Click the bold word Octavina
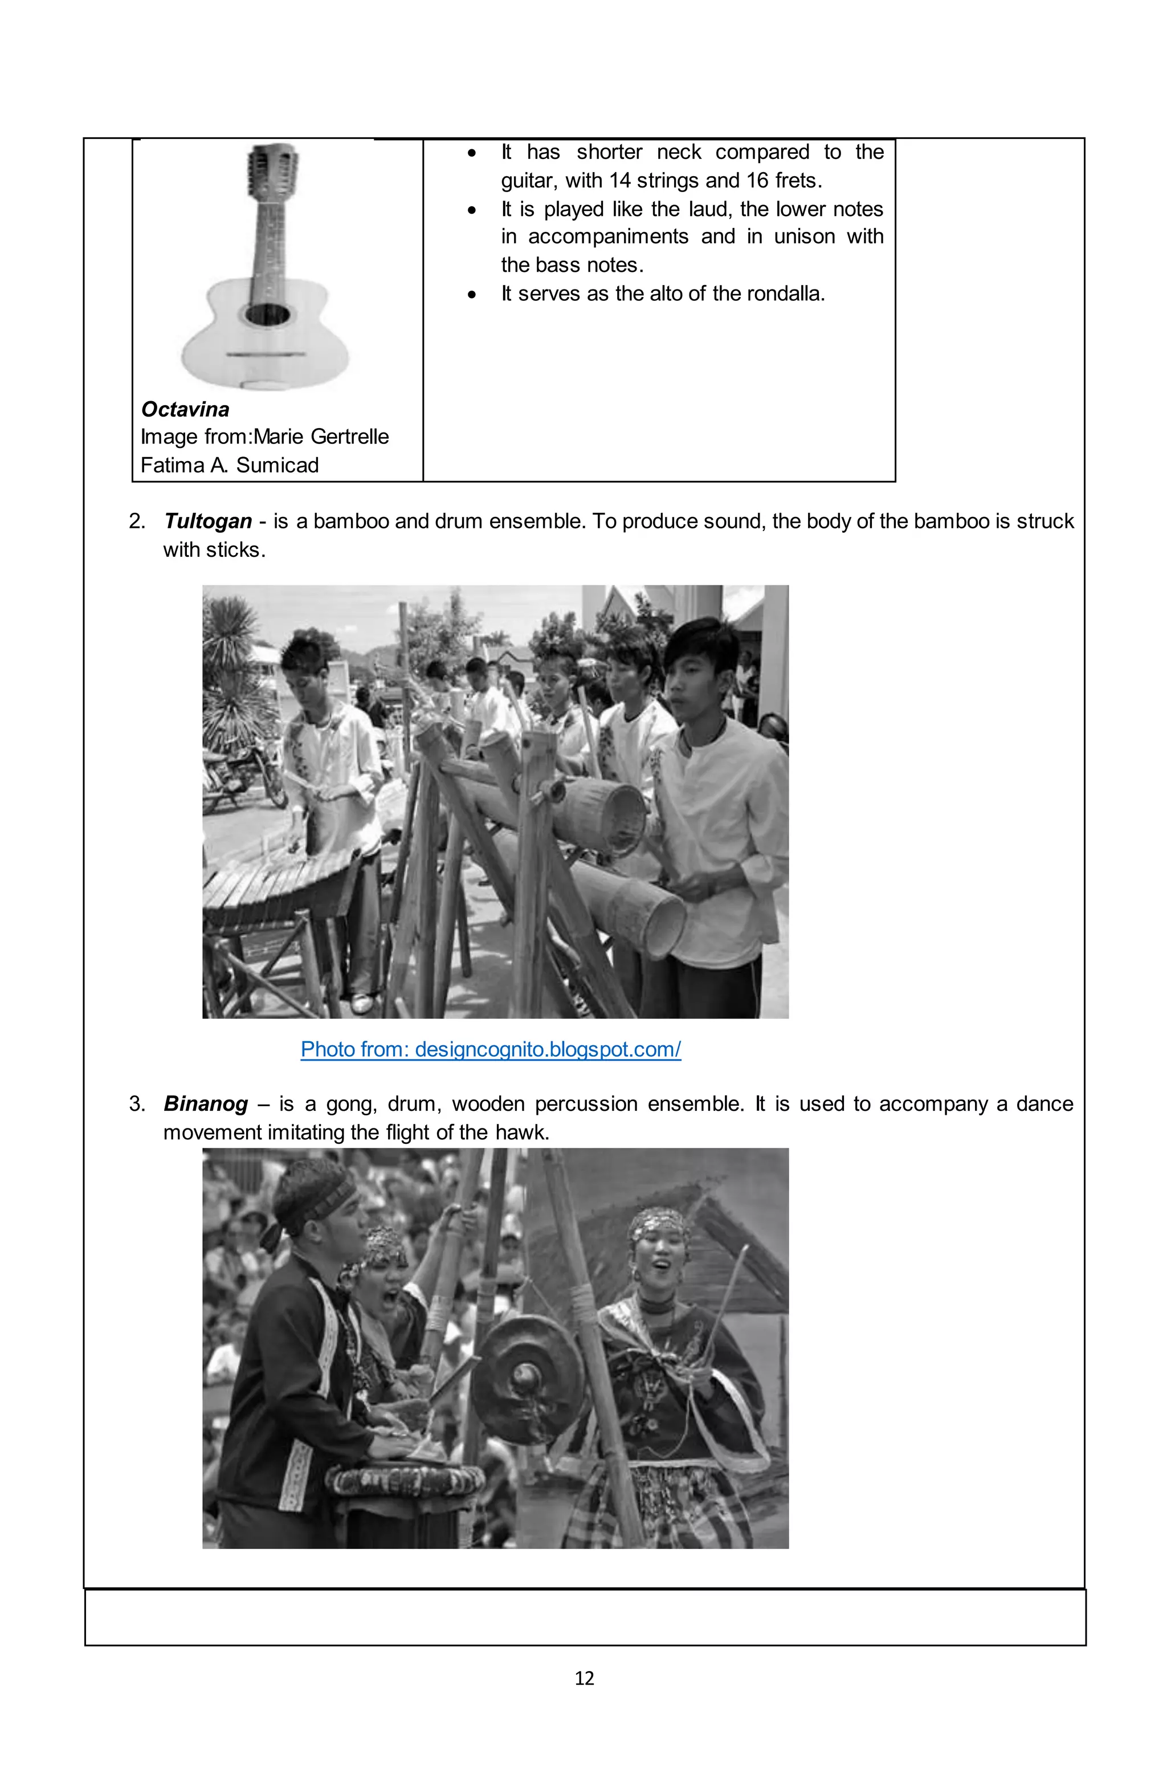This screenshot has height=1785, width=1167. [185, 410]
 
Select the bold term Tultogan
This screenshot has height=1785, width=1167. [208, 521]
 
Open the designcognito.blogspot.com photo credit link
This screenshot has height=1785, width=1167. [491, 1049]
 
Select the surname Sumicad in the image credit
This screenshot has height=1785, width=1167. [278, 466]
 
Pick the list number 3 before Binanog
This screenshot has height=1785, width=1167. [137, 1104]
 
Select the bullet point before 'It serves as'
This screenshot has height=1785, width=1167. [471, 295]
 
